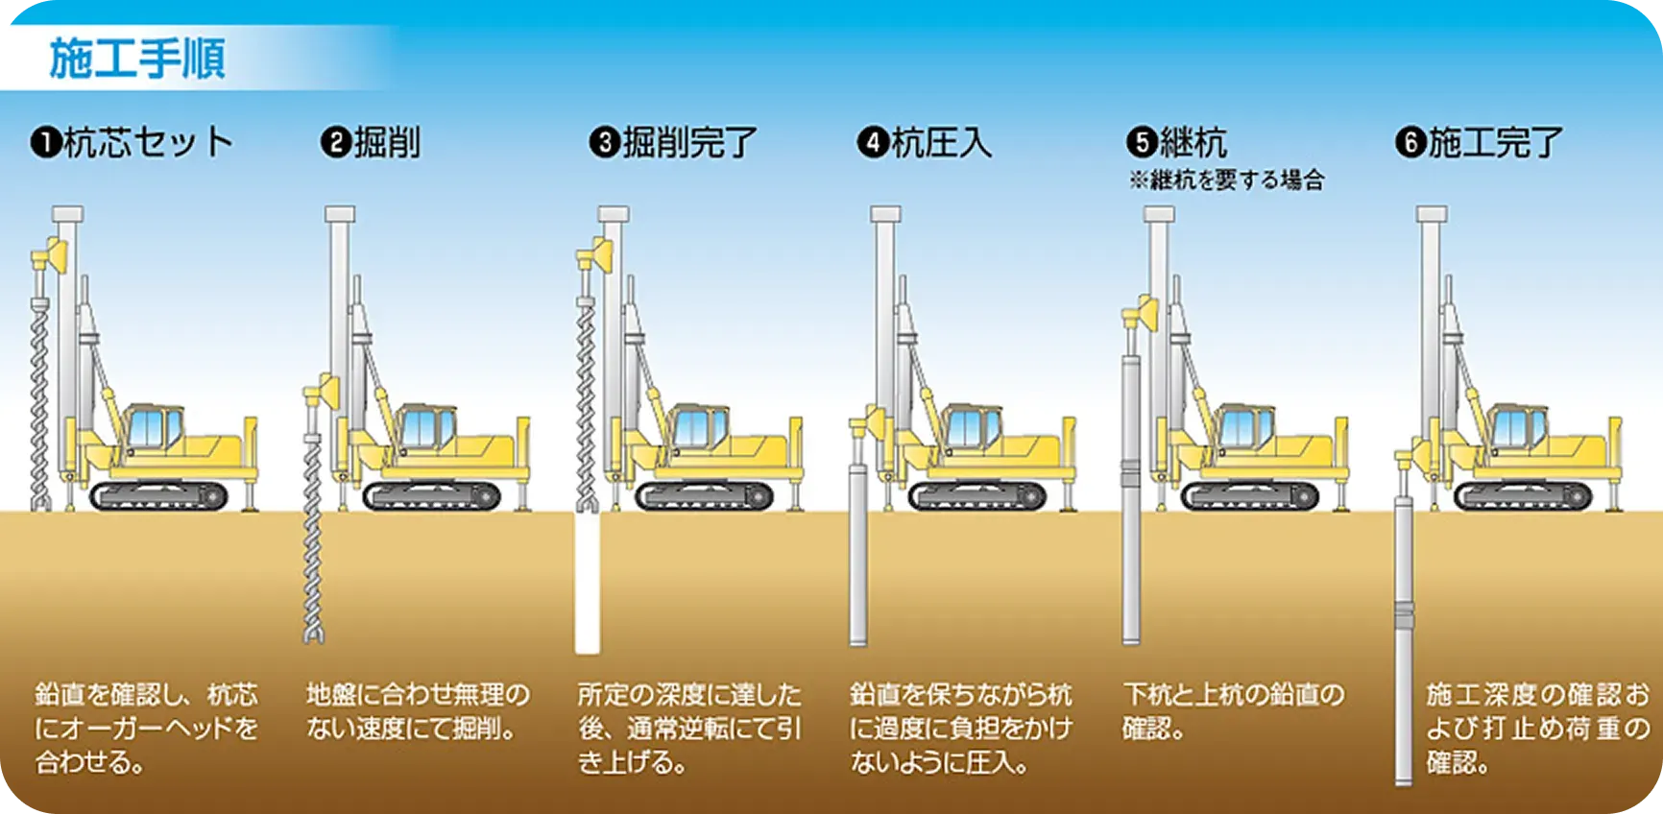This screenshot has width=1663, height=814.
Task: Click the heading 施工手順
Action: tap(137, 59)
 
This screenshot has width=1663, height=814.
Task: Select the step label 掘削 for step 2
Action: tap(388, 144)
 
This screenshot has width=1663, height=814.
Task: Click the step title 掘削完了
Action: tap(689, 144)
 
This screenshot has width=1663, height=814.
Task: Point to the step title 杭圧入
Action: tap(941, 144)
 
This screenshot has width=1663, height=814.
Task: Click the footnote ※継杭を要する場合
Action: tap(1226, 180)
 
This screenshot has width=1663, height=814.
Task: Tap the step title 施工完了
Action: tap(1496, 144)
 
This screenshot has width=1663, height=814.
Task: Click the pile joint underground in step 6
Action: tap(1405, 614)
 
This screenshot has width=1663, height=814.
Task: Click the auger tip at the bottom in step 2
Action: tap(313, 634)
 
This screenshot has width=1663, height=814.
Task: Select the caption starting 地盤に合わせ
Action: tap(418, 711)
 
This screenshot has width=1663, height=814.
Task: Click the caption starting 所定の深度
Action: tap(689, 729)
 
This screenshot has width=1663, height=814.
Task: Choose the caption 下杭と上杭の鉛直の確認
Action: tap(1234, 711)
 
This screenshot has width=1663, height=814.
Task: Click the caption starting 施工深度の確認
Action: tap(1537, 729)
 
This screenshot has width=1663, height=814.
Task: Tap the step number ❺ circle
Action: tap(1141, 144)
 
